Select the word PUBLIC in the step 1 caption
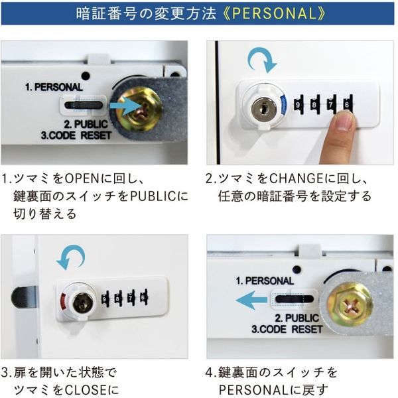tap(158, 197)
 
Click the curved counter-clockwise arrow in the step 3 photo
tap(71, 257)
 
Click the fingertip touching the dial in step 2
tap(344, 120)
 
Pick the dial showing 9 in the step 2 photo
tap(299, 105)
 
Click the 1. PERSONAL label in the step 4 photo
tap(265, 281)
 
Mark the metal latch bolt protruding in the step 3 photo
tap(24, 297)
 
